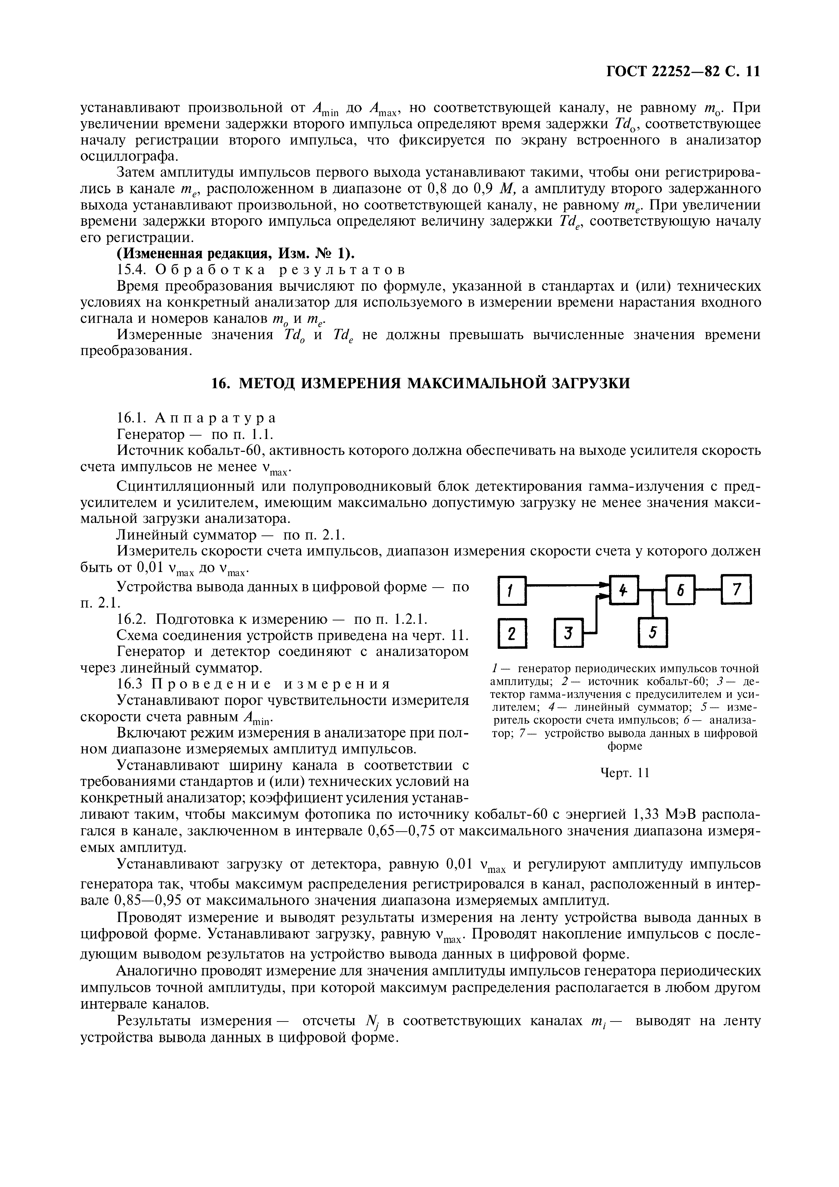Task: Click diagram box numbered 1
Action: [511, 590]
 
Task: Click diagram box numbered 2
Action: [511, 633]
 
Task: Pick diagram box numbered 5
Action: [653, 632]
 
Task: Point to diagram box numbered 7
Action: [737, 589]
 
